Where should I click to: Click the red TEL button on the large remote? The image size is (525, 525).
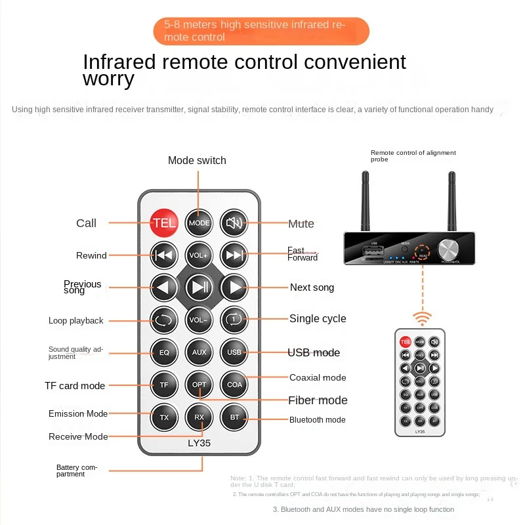(164, 222)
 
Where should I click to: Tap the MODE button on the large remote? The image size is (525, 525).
(199, 222)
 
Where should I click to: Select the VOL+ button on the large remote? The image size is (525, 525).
(199, 255)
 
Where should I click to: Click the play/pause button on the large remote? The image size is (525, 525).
(199, 287)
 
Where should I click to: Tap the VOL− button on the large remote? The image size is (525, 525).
(199, 320)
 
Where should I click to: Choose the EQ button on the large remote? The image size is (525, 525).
(164, 352)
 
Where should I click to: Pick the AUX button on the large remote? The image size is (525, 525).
(199, 352)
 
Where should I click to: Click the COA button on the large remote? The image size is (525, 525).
(234, 385)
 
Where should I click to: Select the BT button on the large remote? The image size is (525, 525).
(234, 417)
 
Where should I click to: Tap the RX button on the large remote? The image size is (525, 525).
(199, 417)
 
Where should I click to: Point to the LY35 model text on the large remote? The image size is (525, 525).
(199, 443)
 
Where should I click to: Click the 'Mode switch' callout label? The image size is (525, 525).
(197, 160)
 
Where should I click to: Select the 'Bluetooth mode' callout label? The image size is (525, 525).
(317, 420)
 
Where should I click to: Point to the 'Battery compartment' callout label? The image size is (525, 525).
(76, 471)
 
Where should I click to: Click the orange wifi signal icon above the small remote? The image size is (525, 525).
(422, 318)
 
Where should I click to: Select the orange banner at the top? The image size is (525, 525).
(261, 31)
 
